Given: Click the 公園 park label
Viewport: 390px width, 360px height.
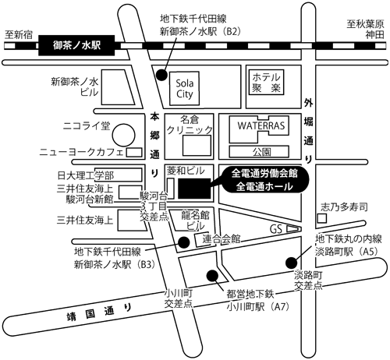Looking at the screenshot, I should point(261,150).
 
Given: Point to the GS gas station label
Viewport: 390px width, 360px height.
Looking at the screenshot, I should point(275,229).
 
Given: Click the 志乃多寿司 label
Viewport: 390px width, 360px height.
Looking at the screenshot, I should point(344,210).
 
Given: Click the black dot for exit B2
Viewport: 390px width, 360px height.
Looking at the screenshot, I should point(161,76).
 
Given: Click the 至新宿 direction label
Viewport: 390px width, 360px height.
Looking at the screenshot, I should point(19,34).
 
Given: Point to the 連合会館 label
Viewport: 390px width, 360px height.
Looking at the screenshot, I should point(221,238).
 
